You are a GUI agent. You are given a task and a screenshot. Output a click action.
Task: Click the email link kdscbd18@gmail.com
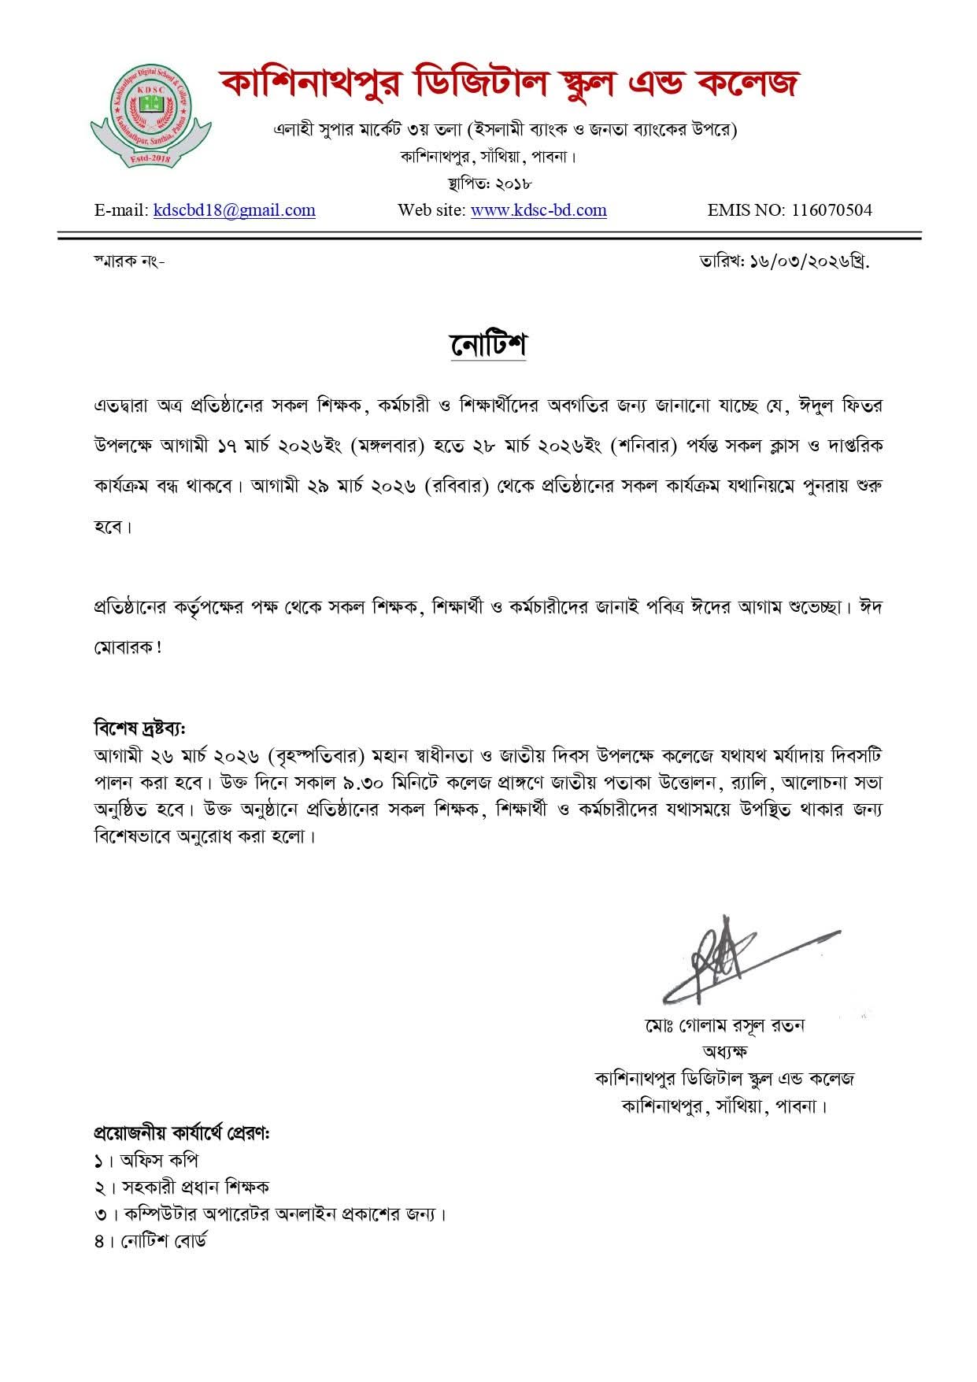click(235, 210)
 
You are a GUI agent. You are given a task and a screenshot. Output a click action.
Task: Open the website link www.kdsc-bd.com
click(538, 210)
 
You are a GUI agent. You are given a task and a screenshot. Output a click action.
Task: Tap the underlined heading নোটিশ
click(488, 345)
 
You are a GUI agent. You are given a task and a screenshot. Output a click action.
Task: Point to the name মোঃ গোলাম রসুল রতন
click(723, 1025)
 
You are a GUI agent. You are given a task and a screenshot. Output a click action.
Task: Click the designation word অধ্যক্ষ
click(724, 1051)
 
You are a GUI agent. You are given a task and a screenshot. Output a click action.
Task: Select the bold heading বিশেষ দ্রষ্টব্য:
click(139, 726)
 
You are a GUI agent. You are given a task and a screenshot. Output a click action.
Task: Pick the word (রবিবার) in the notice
click(457, 487)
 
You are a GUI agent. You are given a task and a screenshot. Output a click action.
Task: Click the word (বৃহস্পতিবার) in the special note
click(320, 756)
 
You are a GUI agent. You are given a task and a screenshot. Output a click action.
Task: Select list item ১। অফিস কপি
click(146, 1161)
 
